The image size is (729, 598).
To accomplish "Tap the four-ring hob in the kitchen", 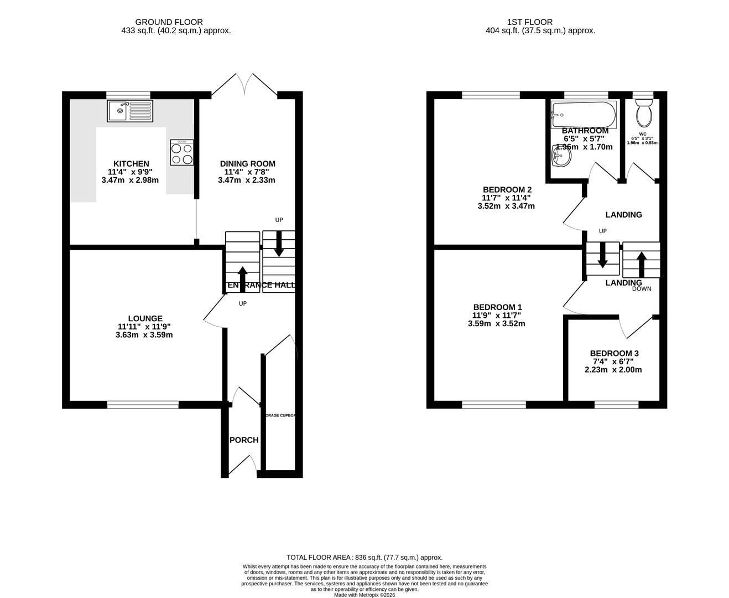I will click(x=182, y=152).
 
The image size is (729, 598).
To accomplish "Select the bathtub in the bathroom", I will click(x=583, y=115).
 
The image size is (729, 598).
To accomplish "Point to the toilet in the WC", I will click(x=644, y=114).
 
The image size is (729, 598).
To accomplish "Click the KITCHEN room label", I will click(x=131, y=163).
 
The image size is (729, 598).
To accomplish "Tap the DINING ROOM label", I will click(x=247, y=163).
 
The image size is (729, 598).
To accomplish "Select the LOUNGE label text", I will click(x=145, y=318).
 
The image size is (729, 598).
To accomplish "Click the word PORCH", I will click(x=244, y=440).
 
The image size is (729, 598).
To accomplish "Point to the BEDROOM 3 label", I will click(x=614, y=353).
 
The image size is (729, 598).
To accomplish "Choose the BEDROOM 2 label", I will click(x=507, y=189).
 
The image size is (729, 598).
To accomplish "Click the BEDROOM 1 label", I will click(x=497, y=307).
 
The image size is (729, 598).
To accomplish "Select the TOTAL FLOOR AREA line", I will click(x=364, y=558).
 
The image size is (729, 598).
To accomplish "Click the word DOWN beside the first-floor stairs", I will click(x=642, y=289).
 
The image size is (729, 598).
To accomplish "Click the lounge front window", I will click(x=143, y=405).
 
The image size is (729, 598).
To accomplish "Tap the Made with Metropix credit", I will click(x=365, y=595).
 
